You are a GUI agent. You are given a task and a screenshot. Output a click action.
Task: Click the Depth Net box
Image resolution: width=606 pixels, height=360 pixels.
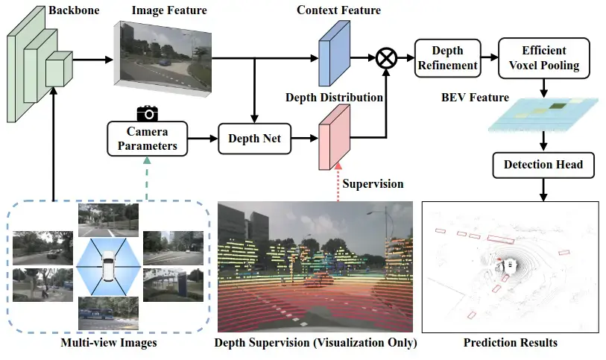tap(254, 139)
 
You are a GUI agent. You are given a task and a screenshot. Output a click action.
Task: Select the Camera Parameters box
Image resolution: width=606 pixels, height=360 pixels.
tap(148, 139)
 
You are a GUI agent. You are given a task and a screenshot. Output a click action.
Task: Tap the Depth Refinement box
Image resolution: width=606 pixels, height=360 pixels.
tap(447, 58)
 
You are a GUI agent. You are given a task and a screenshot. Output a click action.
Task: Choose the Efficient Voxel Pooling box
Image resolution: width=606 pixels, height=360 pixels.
tap(544, 58)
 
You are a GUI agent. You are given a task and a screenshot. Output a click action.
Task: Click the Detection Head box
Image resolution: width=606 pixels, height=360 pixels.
tap(543, 165)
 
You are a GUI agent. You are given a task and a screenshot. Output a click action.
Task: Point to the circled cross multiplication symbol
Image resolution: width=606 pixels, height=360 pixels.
tap(386, 58)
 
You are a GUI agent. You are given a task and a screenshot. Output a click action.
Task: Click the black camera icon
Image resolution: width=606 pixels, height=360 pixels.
tap(148, 113)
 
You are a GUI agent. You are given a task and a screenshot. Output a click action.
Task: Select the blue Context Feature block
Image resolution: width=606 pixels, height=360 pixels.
tap(334, 54)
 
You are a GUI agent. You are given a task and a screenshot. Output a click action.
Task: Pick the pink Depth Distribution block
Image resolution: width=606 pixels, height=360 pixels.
tap(334, 137)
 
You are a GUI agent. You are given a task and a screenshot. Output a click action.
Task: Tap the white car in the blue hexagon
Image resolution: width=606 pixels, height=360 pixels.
tap(109, 266)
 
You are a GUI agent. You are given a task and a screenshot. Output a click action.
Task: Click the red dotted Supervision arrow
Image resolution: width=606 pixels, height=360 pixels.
tap(338, 182)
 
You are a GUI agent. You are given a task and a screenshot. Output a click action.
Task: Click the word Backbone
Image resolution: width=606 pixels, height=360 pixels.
tap(74, 10)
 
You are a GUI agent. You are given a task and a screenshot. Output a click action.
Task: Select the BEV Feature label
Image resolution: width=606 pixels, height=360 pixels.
tap(475, 98)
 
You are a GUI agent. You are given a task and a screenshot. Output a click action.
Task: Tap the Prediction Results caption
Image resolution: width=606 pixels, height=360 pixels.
tap(510, 343)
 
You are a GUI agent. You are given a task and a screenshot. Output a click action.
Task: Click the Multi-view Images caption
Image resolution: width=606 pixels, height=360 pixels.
tap(109, 343)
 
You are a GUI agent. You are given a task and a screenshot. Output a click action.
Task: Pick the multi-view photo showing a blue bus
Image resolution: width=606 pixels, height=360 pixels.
tap(108, 313)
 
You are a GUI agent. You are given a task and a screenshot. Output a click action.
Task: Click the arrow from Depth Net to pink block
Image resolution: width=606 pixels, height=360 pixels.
tap(305, 139)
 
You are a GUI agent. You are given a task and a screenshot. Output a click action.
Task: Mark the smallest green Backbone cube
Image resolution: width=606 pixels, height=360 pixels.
tap(59, 69)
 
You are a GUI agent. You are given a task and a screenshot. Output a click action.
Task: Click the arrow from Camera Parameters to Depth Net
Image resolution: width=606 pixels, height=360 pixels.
tap(203, 139)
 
